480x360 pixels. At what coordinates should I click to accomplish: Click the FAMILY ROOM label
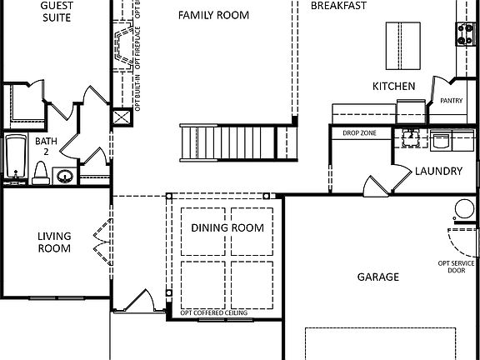pos(213,14)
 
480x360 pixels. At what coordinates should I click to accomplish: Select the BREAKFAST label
pos(338,6)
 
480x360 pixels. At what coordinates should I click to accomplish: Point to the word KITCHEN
pos(393,86)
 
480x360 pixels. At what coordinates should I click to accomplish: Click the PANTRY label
pos(451,101)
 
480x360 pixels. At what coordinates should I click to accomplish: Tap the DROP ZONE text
pos(360,132)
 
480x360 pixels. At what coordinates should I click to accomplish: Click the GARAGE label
pos(377,277)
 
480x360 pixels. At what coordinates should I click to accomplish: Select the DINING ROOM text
pos(227,227)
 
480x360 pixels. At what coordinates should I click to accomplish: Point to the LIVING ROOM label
pos(54,242)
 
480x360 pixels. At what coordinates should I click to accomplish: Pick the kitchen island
pos(400,46)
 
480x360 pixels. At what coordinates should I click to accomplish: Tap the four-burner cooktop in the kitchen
pos(465,32)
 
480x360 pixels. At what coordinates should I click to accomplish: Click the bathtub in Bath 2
pos(17,157)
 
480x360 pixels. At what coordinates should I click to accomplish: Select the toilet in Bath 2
pos(39,171)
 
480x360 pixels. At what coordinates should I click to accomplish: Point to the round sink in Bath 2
pos(65,176)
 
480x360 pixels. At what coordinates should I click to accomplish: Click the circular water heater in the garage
pos(463,210)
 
